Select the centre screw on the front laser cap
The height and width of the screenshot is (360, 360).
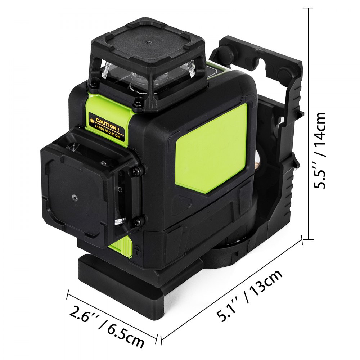click(x=74, y=197)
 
